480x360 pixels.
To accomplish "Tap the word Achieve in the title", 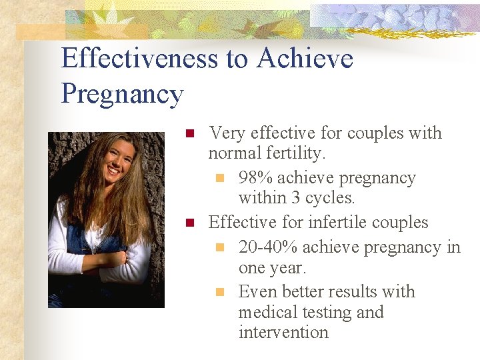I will (305, 59).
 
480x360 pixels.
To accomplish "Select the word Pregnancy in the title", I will (122, 94).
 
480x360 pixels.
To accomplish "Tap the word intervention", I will (283, 332).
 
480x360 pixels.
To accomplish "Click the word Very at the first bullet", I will (225, 133).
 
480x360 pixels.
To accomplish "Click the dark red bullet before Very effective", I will (189, 133).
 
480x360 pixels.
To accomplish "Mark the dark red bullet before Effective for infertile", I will (189, 222).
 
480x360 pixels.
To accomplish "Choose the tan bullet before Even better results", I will (219, 292).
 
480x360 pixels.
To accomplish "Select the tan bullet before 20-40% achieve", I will (219, 248).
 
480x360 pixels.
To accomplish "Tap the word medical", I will (267, 312).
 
